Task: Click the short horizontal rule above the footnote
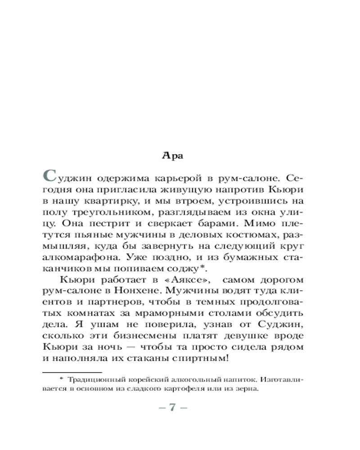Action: [x=72, y=373]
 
